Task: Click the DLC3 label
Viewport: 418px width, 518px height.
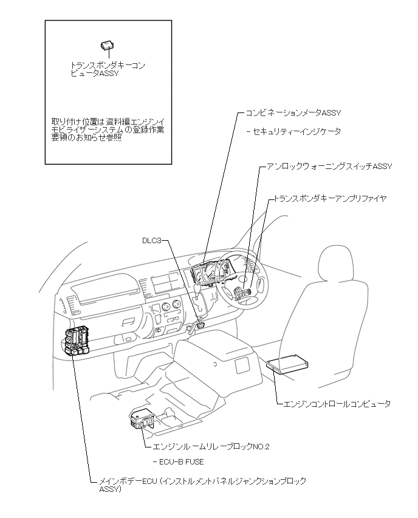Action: (x=152, y=240)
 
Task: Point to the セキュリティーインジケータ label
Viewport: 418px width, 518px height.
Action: (x=297, y=131)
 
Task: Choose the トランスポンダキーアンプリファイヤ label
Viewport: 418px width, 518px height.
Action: (x=331, y=199)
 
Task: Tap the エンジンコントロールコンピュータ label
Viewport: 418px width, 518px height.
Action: (x=337, y=404)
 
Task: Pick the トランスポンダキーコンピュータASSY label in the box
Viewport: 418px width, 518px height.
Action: (x=109, y=68)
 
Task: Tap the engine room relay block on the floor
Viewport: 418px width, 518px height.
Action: (x=143, y=419)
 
